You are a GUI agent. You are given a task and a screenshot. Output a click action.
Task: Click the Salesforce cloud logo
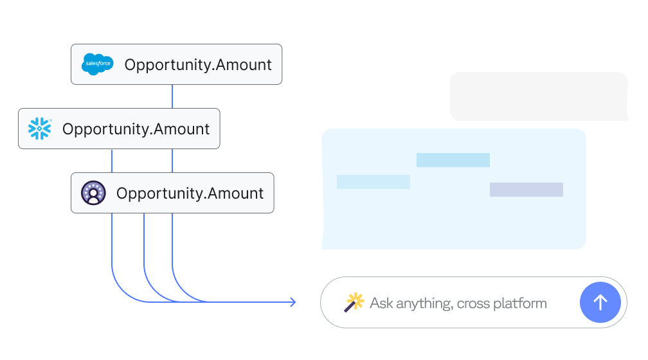click(x=98, y=64)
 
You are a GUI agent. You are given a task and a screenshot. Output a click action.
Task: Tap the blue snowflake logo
click(x=40, y=129)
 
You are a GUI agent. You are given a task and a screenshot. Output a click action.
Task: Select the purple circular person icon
click(x=93, y=193)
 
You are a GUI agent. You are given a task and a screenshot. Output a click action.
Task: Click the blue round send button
click(x=600, y=303)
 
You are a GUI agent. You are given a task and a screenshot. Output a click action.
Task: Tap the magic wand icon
click(x=354, y=303)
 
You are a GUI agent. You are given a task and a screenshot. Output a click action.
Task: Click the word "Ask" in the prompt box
click(x=381, y=303)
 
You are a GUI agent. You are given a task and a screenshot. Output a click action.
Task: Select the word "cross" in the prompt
click(x=473, y=304)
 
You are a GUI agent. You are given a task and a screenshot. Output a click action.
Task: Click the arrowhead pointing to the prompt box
click(x=293, y=302)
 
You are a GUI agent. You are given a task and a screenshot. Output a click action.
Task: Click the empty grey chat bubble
click(x=539, y=96)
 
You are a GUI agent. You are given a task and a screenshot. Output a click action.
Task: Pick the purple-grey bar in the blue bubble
click(x=526, y=190)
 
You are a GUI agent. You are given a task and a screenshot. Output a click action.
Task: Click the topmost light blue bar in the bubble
click(x=453, y=160)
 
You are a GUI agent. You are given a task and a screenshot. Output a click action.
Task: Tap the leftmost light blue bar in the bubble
click(x=373, y=182)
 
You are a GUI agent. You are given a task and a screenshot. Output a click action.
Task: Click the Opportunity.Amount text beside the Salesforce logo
click(x=198, y=65)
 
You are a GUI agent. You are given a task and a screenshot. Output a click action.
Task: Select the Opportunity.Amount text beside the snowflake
click(x=136, y=129)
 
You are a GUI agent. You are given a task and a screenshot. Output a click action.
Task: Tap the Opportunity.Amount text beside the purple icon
click(x=190, y=194)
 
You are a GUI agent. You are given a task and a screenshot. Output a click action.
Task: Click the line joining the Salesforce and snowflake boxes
click(x=172, y=96)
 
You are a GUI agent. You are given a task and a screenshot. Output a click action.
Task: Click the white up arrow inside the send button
click(x=600, y=303)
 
